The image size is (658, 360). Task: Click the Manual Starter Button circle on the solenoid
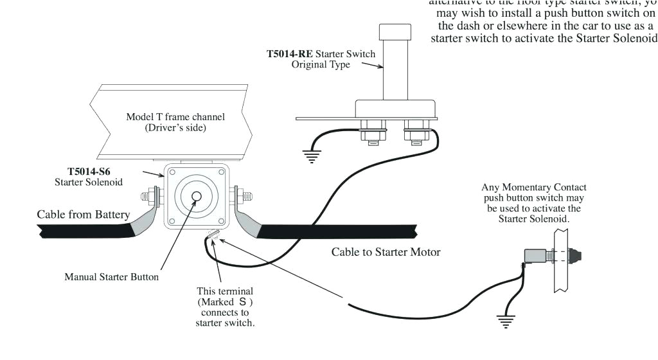(x=197, y=196)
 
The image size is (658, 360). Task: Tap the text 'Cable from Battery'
(x=83, y=214)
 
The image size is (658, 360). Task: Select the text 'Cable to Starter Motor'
(x=386, y=252)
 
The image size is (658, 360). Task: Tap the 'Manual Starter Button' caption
(x=111, y=277)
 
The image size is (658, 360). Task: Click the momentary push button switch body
(x=535, y=256)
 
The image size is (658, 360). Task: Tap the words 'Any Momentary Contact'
(x=534, y=188)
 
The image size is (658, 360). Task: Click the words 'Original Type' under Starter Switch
(x=321, y=65)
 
